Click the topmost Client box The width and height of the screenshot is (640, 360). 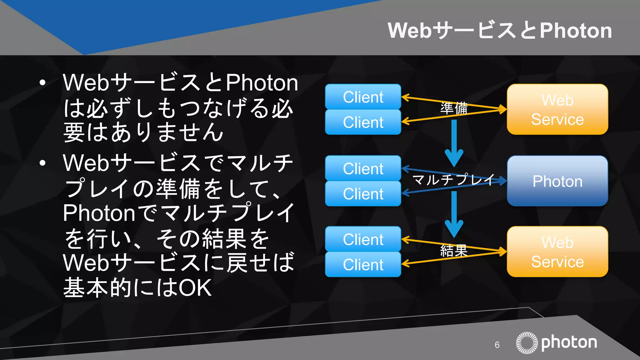click(363, 97)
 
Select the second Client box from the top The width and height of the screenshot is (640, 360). click(363, 122)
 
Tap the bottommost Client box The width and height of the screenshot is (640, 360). click(363, 265)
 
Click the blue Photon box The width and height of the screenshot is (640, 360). click(557, 181)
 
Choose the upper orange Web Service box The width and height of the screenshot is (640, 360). click(557, 109)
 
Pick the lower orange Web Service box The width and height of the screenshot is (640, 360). click(557, 252)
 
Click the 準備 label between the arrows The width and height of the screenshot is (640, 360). click(454, 108)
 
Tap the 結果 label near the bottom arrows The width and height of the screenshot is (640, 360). click(454, 251)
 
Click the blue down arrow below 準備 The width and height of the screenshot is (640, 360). click(454, 144)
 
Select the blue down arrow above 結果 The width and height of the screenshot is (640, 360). click(454, 216)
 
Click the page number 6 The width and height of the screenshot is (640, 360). click(497, 345)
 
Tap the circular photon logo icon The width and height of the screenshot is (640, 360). click(527, 343)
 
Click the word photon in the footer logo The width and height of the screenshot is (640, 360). click(569, 342)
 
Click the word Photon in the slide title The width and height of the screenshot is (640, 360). click(576, 31)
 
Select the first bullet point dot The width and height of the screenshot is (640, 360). click(43, 83)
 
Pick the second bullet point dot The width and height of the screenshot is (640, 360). click(43, 163)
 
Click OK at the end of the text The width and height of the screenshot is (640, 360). click(195, 288)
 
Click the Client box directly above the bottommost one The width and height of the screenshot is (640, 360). click(363, 239)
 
